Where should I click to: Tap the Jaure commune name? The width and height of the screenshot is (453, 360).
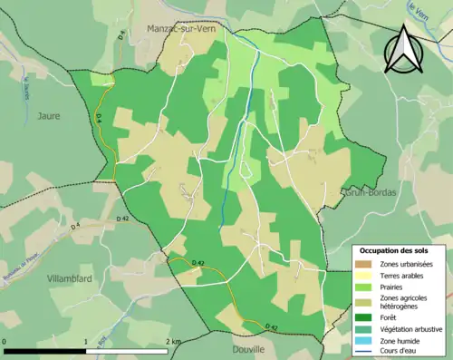tap(50, 115)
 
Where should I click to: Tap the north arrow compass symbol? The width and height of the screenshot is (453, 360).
tap(404, 50)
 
